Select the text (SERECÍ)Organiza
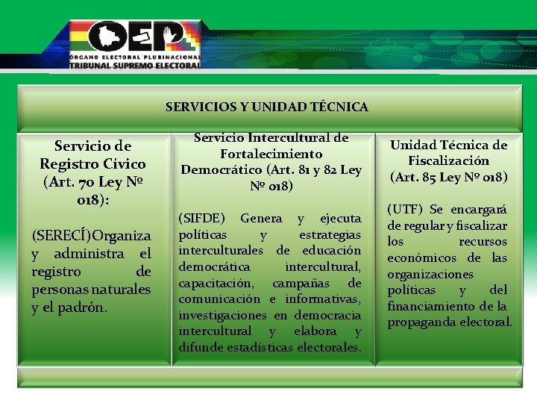click(91, 235)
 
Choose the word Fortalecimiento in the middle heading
click(271, 154)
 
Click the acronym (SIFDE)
click(201, 218)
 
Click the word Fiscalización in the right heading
click(448, 160)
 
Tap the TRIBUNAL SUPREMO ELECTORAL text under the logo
click(135, 65)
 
